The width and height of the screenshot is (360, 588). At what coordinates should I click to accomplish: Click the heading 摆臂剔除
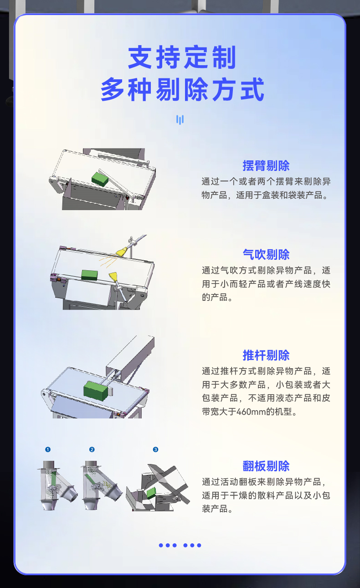coord(266,165)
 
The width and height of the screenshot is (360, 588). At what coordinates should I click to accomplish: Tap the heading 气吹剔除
coord(266,254)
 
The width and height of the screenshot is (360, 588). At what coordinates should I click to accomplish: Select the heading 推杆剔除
coord(266,355)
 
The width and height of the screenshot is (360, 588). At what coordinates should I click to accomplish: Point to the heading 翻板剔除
coord(266,466)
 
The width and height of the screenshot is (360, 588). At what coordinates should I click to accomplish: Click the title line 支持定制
coord(182,58)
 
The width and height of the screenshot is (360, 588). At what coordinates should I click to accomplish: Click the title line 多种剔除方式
coord(182,89)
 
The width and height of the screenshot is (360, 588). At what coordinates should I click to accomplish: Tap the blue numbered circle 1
coord(48,449)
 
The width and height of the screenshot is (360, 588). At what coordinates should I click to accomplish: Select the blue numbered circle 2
coord(92,449)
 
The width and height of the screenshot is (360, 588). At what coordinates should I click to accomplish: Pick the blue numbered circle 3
coord(155,449)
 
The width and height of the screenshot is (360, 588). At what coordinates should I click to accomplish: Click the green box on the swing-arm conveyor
coord(100,178)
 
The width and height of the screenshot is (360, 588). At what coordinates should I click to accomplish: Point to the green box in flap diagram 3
coord(151,492)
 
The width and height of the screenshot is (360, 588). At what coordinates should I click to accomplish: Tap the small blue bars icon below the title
coord(180,120)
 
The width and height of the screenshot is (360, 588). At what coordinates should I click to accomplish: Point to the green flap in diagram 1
coord(54,479)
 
